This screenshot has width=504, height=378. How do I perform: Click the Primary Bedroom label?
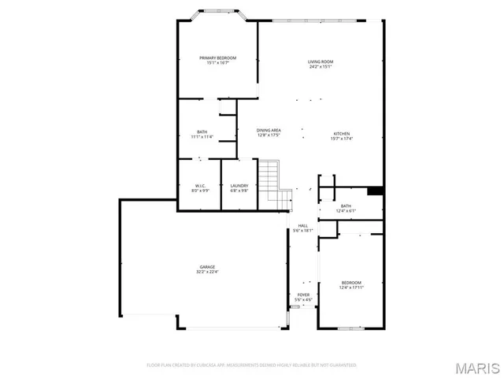click(217, 57)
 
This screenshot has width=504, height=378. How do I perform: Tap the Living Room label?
click(321, 61)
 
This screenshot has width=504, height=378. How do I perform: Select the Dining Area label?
click(269, 130)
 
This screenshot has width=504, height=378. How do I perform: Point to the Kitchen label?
click(341, 134)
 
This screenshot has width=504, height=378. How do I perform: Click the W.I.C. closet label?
click(201, 186)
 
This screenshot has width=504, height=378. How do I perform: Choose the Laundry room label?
click(239, 186)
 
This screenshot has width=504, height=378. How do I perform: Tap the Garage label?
click(207, 267)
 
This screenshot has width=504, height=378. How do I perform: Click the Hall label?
click(303, 226)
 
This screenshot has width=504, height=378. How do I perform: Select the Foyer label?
click(303, 295)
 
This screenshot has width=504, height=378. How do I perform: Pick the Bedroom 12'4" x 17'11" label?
click(351, 282)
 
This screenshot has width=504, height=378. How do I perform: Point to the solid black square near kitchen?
click(375, 191)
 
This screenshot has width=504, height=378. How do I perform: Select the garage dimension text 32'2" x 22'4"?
click(207, 272)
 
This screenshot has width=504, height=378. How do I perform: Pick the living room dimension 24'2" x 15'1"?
click(321, 66)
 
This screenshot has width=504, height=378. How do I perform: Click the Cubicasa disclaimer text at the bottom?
click(252, 365)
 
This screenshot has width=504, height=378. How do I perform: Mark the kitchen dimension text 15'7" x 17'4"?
click(341, 139)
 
